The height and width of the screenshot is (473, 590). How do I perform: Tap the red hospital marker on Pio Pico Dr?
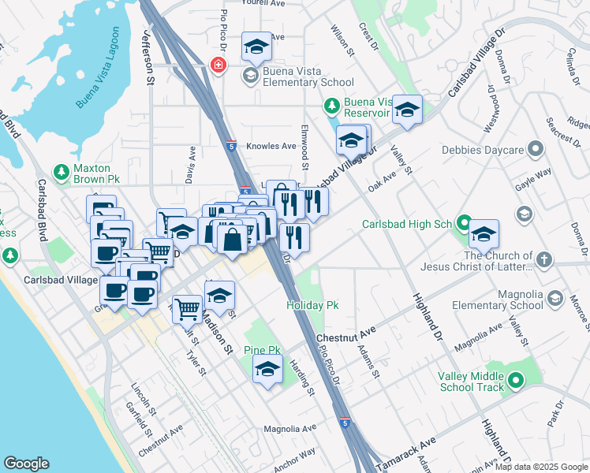(217, 65)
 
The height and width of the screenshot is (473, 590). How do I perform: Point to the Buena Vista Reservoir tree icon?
(332, 106)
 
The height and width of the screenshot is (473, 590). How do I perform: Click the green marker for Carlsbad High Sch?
(465, 224)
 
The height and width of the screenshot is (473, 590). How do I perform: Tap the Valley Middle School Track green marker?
(516, 382)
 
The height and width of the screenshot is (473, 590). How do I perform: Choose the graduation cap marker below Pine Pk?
(267, 368)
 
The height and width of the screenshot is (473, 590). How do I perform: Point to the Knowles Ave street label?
(271, 147)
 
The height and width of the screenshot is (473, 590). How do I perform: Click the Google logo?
(26, 464)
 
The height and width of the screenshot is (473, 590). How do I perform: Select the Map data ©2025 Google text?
(541, 467)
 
